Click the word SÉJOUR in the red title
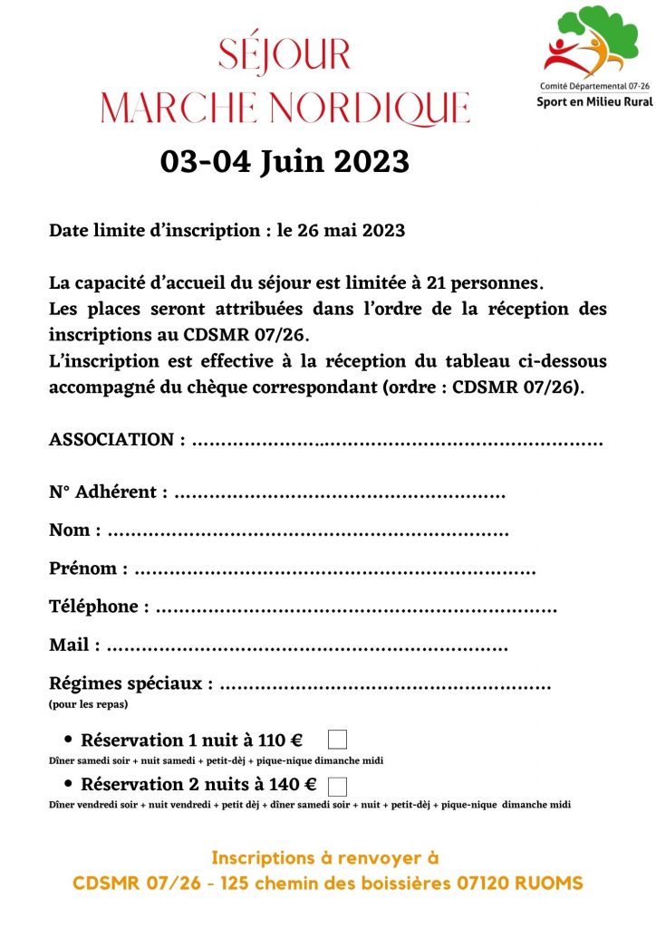pos(284,55)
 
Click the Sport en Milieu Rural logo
pos(593,57)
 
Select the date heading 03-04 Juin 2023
pos(285,162)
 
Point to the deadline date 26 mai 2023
pos(351,231)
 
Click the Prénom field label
pos(83,569)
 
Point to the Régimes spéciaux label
pos(130,683)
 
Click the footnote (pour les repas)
pos(88,703)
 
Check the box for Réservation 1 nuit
pos(337,740)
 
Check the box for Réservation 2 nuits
pos(337,785)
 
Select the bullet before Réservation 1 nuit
pos(68,740)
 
